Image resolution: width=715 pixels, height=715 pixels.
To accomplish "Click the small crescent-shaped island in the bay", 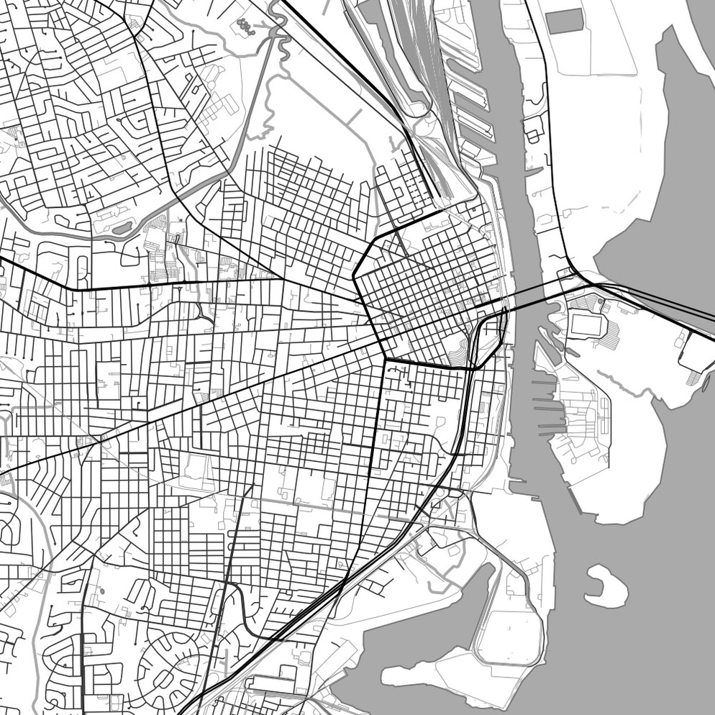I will point(603,584).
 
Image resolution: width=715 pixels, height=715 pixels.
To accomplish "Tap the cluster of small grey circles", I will point(247,26).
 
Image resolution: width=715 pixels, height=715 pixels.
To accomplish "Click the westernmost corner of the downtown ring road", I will point(355,274).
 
